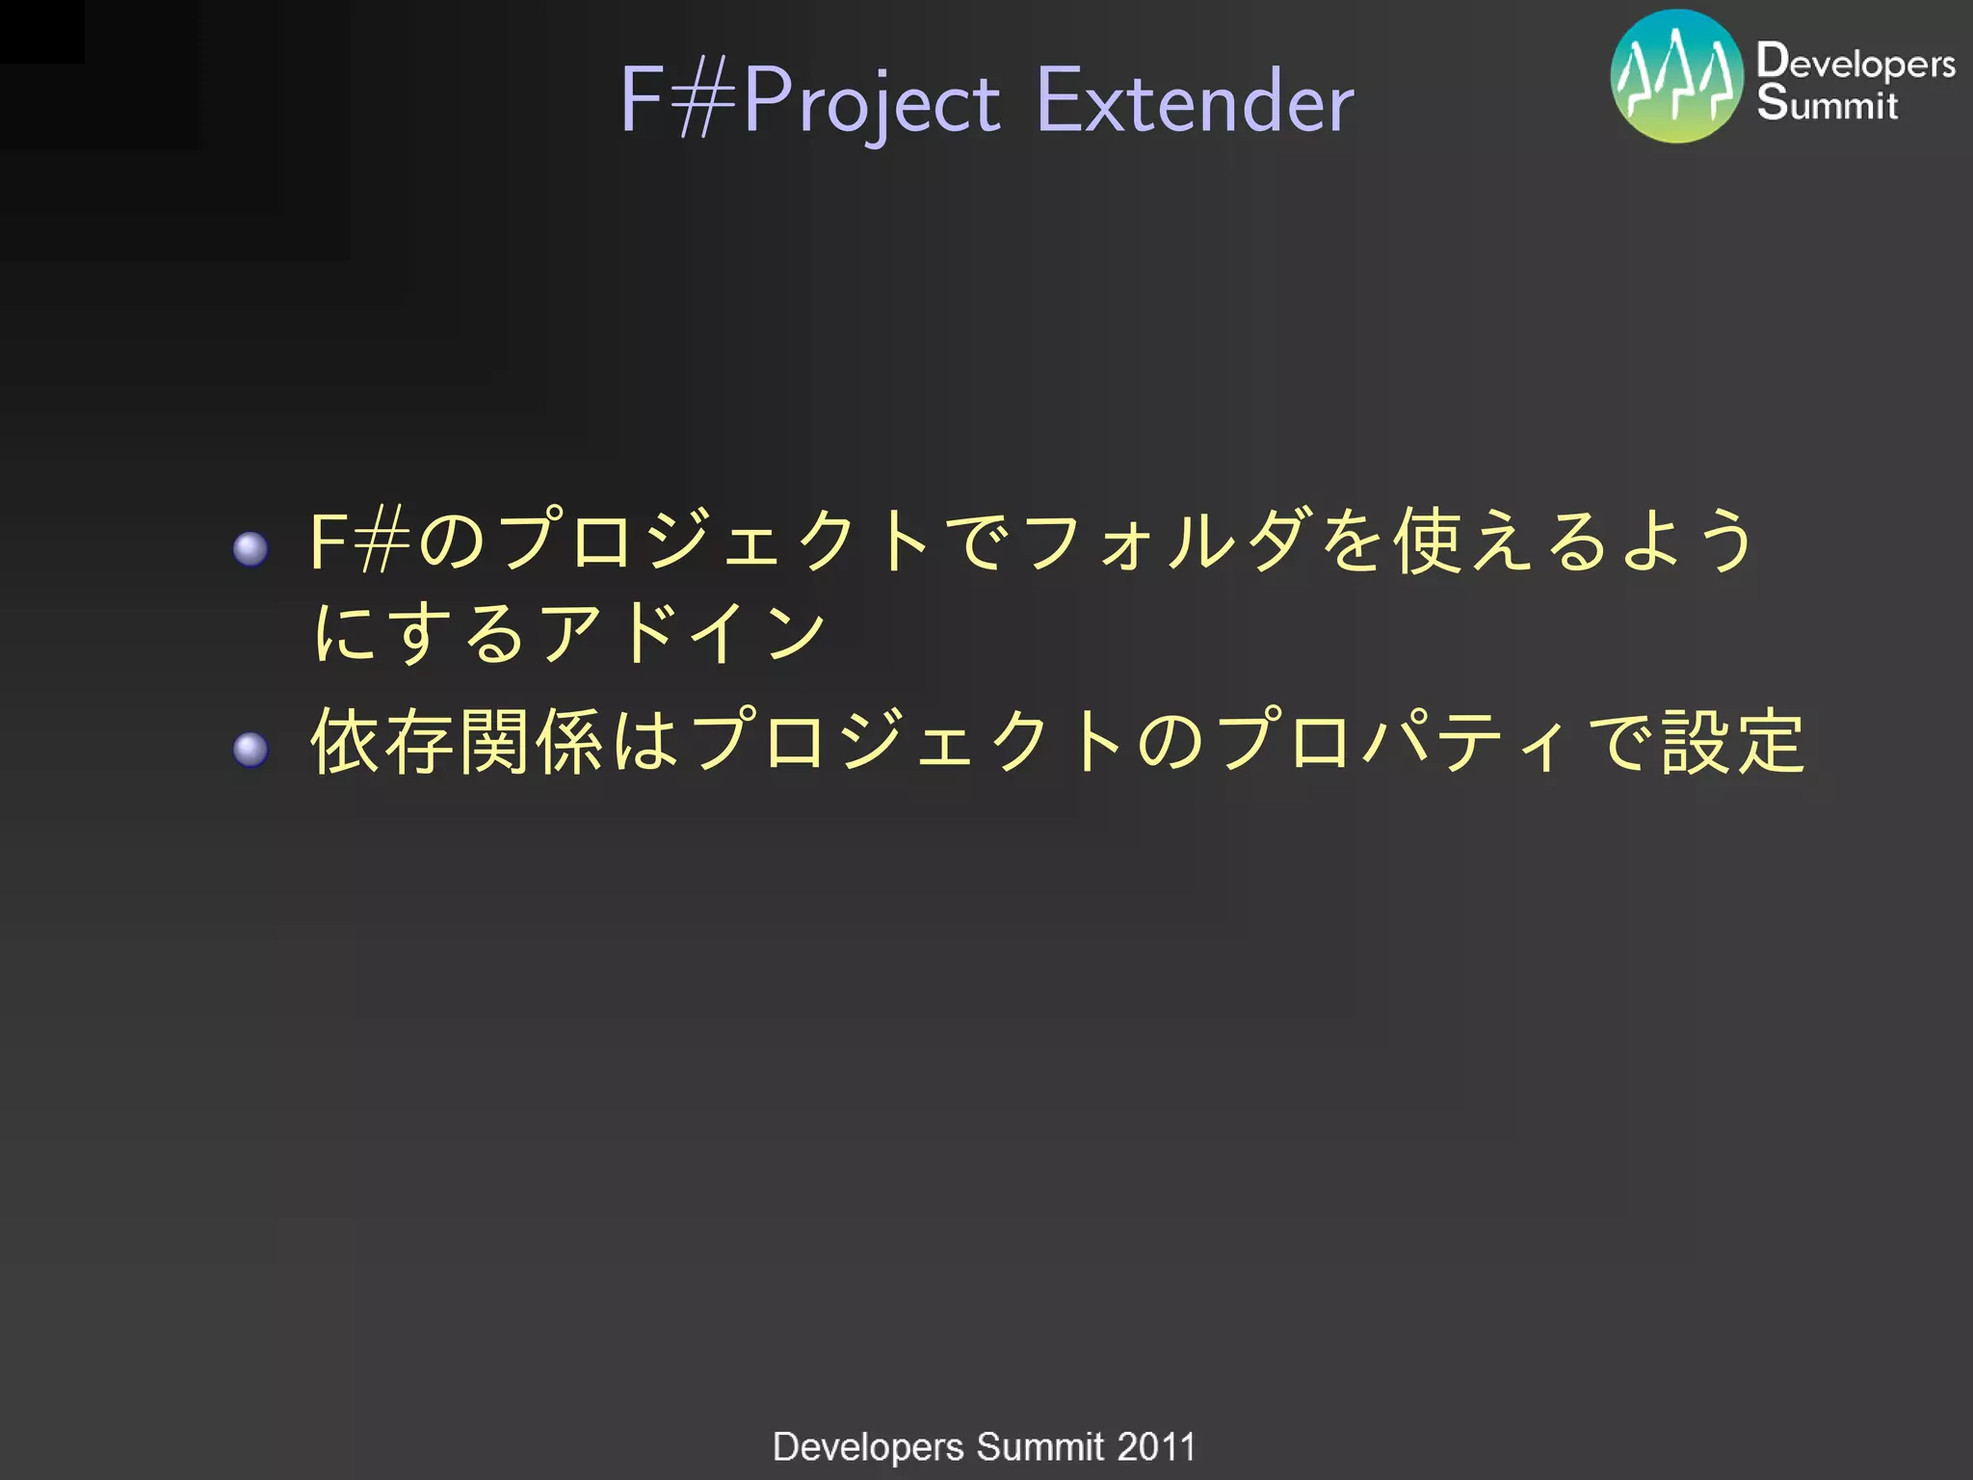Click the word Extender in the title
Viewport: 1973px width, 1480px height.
click(x=1195, y=100)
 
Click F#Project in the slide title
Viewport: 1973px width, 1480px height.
click(x=810, y=100)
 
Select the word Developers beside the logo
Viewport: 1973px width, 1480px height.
click(x=1855, y=62)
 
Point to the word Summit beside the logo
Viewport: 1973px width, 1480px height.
click(x=1827, y=103)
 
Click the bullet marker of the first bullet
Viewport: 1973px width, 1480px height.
click(x=251, y=549)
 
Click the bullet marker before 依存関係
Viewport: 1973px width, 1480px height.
click(x=251, y=749)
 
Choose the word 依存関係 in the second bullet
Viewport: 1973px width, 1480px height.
click(x=457, y=741)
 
